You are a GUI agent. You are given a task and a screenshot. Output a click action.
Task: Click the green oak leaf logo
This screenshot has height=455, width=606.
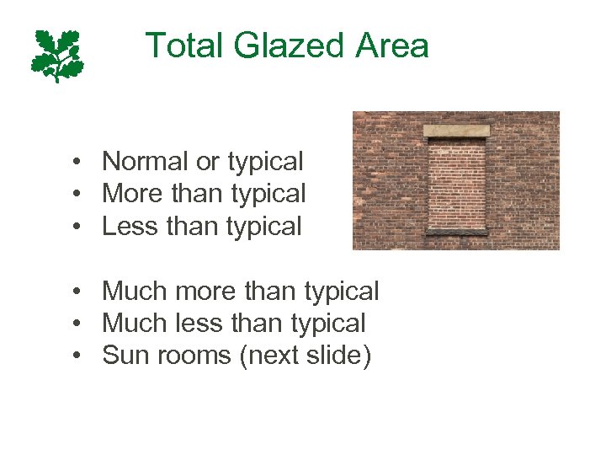tap(57, 55)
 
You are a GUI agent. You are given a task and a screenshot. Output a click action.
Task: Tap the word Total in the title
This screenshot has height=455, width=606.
tap(184, 45)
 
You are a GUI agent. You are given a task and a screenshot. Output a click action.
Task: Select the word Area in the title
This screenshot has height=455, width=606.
tap(392, 45)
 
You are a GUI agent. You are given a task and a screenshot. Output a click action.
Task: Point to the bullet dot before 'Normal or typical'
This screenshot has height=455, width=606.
tap(77, 162)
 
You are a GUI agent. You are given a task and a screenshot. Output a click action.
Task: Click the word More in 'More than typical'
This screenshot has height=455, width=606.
tap(132, 194)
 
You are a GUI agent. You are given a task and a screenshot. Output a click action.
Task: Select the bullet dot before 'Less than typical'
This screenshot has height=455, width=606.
tap(77, 227)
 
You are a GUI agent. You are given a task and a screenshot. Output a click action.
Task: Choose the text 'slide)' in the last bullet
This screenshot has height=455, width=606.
tap(341, 356)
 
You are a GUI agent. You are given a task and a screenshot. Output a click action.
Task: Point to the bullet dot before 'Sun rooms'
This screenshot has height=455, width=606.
tap(77, 356)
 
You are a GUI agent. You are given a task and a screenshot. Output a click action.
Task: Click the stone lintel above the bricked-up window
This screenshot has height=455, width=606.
tap(455, 131)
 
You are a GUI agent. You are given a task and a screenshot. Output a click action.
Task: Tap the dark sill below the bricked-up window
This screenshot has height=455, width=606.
tap(455, 231)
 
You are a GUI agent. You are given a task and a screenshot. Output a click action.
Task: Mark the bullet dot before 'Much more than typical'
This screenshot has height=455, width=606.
tap(77, 292)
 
